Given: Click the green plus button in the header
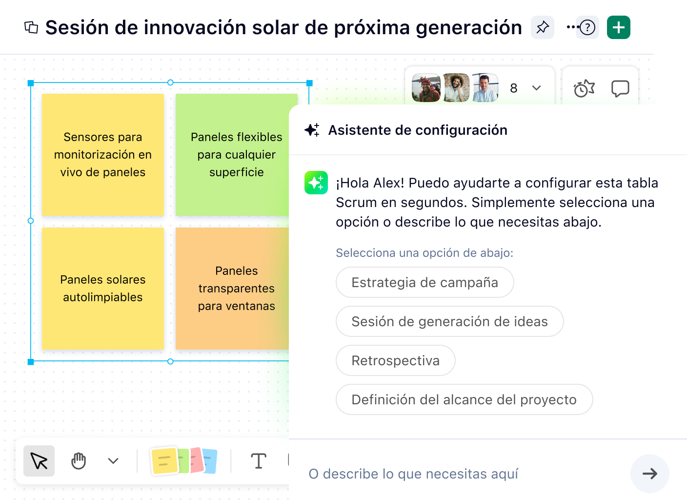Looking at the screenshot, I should (618, 27).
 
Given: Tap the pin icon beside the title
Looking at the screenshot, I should (542, 27).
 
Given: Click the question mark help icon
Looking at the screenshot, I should (587, 27).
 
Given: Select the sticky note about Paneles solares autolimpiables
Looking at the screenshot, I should (102, 288).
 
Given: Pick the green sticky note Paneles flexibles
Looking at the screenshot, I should (236, 154).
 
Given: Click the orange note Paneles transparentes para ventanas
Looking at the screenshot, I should (236, 288).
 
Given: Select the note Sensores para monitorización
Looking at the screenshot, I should (102, 154).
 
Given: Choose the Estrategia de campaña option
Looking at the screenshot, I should (424, 282).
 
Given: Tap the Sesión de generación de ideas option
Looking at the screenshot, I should (449, 321).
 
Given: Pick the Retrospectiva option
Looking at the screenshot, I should (395, 360).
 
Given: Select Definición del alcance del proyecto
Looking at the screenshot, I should (464, 399).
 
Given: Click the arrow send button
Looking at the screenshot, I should (649, 474).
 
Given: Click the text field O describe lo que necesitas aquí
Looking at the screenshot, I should (459, 474).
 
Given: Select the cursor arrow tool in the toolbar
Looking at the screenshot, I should (39, 461).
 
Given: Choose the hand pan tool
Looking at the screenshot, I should (79, 461).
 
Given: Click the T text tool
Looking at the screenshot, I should (258, 461).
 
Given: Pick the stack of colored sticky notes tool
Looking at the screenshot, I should (184, 461).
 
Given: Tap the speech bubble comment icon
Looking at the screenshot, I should (620, 88).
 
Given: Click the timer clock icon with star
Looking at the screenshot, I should (584, 88).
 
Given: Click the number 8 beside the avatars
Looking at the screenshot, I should (513, 88).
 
